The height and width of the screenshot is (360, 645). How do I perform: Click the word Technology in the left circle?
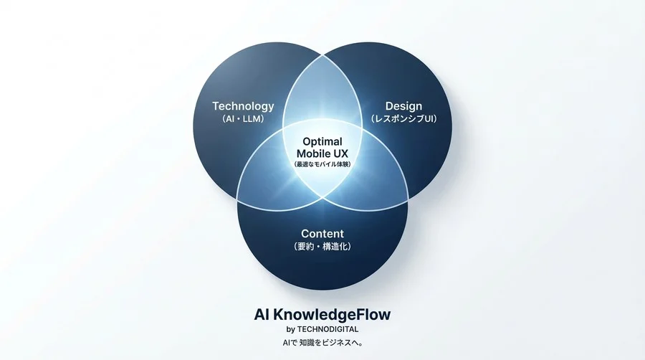click(243, 107)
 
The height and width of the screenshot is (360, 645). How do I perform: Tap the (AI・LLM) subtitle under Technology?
click(243, 119)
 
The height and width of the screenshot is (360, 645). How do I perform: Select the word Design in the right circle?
click(403, 107)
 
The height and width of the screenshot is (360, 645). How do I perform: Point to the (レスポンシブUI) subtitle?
click(403, 119)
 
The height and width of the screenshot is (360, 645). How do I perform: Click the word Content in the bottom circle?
click(322, 234)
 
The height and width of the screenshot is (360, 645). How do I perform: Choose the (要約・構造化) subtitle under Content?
click(322, 247)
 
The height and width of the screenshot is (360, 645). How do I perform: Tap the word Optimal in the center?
click(322, 141)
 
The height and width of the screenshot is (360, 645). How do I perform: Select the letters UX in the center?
click(340, 154)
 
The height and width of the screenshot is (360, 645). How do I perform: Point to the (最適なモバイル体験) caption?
click(322, 164)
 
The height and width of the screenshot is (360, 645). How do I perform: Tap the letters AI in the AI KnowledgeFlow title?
click(262, 315)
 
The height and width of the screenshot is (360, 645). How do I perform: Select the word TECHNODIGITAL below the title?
click(328, 329)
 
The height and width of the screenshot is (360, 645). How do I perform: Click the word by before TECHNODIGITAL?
click(291, 330)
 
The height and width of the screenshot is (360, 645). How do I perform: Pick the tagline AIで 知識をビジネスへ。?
click(322, 342)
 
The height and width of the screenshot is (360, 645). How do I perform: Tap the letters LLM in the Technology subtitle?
click(252, 119)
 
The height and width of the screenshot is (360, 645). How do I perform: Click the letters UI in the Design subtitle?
click(429, 119)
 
